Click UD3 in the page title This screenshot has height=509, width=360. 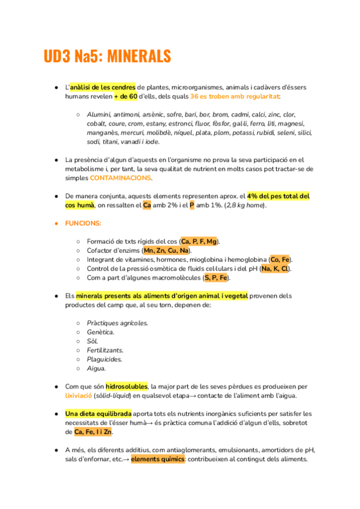click(x=57, y=56)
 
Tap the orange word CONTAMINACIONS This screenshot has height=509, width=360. click(x=121, y=178)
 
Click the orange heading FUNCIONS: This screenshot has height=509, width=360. click(x=83, y=223)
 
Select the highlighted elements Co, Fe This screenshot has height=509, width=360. click(x=280, y=259)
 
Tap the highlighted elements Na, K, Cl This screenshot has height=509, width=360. click(x=275, y=268)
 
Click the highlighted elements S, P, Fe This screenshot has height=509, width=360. click(x=216, y=277)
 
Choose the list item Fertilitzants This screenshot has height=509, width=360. click(x=105, y=350)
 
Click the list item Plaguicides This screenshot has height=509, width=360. click(x=104, y=359)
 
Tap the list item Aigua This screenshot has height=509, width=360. click(x=97, y=368)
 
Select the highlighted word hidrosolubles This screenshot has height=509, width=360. click(x=127, y=386)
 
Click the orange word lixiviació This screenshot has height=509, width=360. click(x=79, y=396)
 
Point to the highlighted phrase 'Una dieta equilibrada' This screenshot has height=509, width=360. click(x=98, y=414)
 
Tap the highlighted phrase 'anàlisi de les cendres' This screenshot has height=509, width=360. click(x=103, y=87)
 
